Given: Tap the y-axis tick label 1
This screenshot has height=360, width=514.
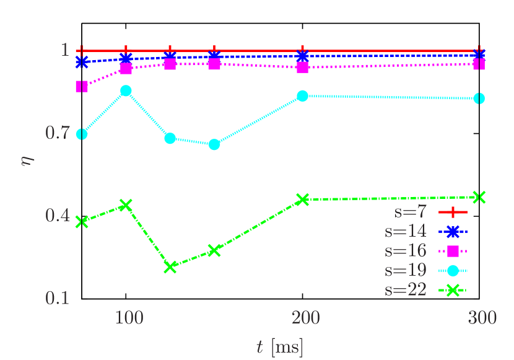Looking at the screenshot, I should coord(64,50).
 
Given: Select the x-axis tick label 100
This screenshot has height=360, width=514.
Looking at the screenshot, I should coord(129,318).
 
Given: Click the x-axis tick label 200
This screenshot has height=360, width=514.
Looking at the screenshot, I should coord(305,318).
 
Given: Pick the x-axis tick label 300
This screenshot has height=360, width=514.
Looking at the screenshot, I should coord(482,318).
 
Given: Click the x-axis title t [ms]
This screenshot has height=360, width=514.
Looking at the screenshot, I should coord(279,347).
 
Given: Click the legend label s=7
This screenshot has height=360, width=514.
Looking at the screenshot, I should coord(411,213).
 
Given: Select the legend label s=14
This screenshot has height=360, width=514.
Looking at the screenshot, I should coord(406,232).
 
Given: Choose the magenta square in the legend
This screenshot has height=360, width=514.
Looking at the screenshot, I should coord(453,251).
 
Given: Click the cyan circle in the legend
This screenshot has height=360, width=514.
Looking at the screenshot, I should coord(453,270).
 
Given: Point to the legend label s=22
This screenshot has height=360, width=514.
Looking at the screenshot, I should coord(406,289).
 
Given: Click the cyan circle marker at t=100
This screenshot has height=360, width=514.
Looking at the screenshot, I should coord(126,90).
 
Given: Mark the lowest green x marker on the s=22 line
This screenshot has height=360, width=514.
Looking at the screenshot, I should coord(170,266).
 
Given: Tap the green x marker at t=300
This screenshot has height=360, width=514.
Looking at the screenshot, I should coord(479,197).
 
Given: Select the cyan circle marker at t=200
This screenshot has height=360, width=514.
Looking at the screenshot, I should coord(302,95).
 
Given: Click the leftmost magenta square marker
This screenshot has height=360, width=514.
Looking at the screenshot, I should coord(82,87).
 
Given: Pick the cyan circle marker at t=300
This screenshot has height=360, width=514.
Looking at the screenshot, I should coord(479,99).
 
